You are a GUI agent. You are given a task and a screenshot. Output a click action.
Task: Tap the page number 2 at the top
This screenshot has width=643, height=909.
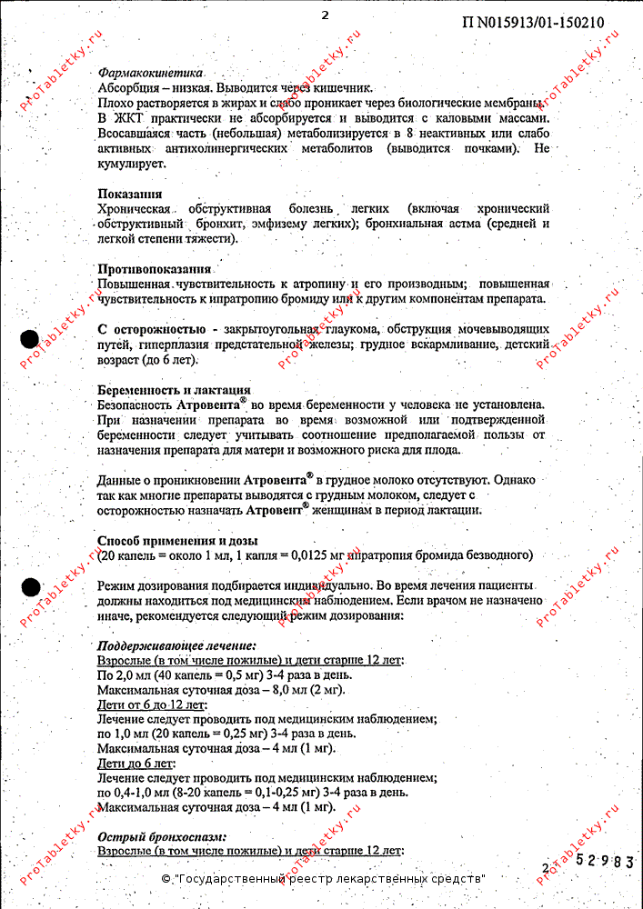pos(325,15)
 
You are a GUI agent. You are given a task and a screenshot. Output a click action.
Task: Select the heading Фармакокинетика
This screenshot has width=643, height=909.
pos(150,72)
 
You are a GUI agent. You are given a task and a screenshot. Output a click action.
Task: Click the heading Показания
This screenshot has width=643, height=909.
pos(130,194)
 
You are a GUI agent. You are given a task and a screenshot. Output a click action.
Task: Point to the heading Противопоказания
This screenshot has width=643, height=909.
pos(155,269)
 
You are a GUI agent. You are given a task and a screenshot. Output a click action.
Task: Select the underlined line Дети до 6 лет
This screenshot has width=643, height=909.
pos(136,763)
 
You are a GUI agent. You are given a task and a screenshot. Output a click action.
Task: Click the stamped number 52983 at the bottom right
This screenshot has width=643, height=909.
pos(603,861)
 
